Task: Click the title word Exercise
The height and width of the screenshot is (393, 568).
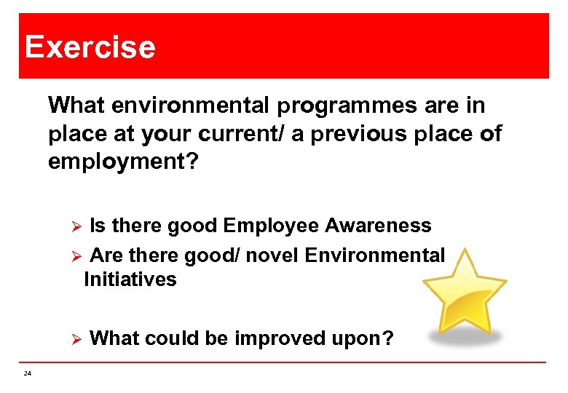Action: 90,47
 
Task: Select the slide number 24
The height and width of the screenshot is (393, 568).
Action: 27,373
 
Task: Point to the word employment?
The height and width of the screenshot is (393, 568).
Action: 123,162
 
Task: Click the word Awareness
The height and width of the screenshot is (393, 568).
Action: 378,226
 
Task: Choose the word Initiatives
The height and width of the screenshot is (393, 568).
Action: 130,279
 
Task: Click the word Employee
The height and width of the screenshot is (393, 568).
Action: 271,226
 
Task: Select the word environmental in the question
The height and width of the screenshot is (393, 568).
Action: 192,106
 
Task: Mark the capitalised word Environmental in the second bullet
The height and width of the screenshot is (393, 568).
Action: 375,255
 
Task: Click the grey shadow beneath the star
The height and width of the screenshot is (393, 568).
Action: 465,337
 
